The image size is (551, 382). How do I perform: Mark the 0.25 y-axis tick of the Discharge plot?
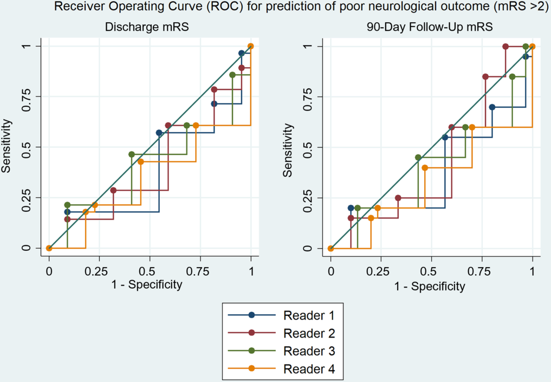pyautogui.click(x=27, y=198)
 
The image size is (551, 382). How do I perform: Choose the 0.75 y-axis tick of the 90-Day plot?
pyautogui.click(x=308, y=96)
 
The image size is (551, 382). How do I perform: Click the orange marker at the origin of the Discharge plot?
pyautogui.click(x=49, y=248)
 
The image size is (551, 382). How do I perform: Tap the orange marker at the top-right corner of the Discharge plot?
pyautogui.click(x=250, y=46)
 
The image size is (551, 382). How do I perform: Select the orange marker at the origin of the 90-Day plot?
pyautogui.click(x=330, y=248)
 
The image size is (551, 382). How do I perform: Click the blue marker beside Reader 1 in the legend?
pyautogui.click(x=251, y=314)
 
